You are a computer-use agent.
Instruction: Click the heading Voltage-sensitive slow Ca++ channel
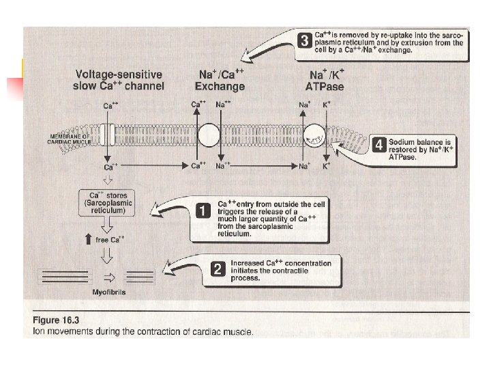click(x=118, y=81)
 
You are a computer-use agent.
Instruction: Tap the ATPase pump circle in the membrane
click(x=315, y=136)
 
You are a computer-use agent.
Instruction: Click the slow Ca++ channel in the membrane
click(x=107, y=135)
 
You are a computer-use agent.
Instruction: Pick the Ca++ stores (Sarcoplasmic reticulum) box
click(x=106, y=203)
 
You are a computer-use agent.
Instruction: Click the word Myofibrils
click(x=108, y=292)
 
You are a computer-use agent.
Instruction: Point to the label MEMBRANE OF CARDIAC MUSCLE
click(x=68, y=138)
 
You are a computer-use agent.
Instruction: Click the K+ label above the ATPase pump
click(x=326, y=105)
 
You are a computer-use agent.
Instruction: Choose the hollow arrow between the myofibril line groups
click(x=106, y=277)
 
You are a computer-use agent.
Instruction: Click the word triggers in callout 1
click(x=234, y=213)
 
